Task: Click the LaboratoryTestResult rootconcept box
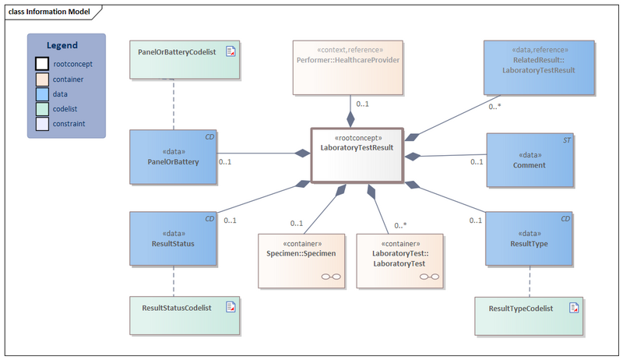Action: point(357,155)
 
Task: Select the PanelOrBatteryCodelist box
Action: point(184,59)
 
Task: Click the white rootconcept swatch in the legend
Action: point(41,64)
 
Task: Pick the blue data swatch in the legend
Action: point(41,94)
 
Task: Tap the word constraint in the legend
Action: point(69,123)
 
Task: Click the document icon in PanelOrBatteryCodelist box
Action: point(231,51)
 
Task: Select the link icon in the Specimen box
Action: point(331,277)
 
